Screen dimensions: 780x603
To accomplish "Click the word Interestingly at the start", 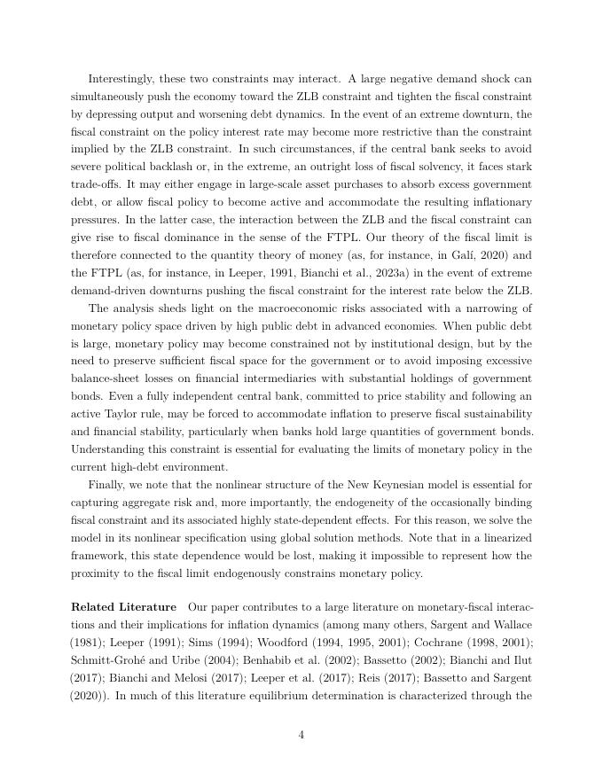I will tap(120, 79).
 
